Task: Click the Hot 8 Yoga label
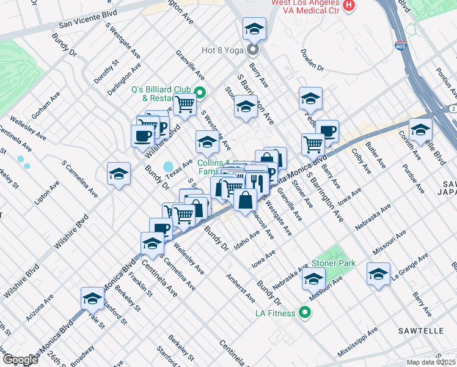pos(223,51)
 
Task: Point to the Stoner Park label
pos(334,263)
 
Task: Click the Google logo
pos(20,360)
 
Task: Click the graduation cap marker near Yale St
pos(92,298)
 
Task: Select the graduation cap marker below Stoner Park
pos(314,279)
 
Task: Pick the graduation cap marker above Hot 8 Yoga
pos(254,28)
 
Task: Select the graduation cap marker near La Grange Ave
pos(379,274)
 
